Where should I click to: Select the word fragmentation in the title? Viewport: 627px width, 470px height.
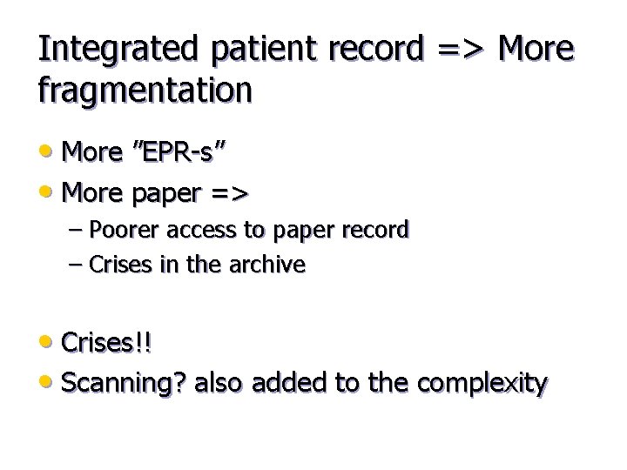click(145, 90)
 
